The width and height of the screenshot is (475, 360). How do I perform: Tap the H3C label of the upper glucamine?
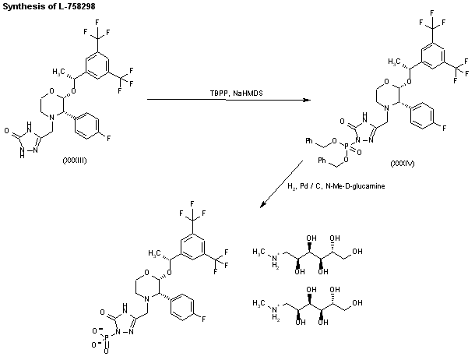click(261, 249)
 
